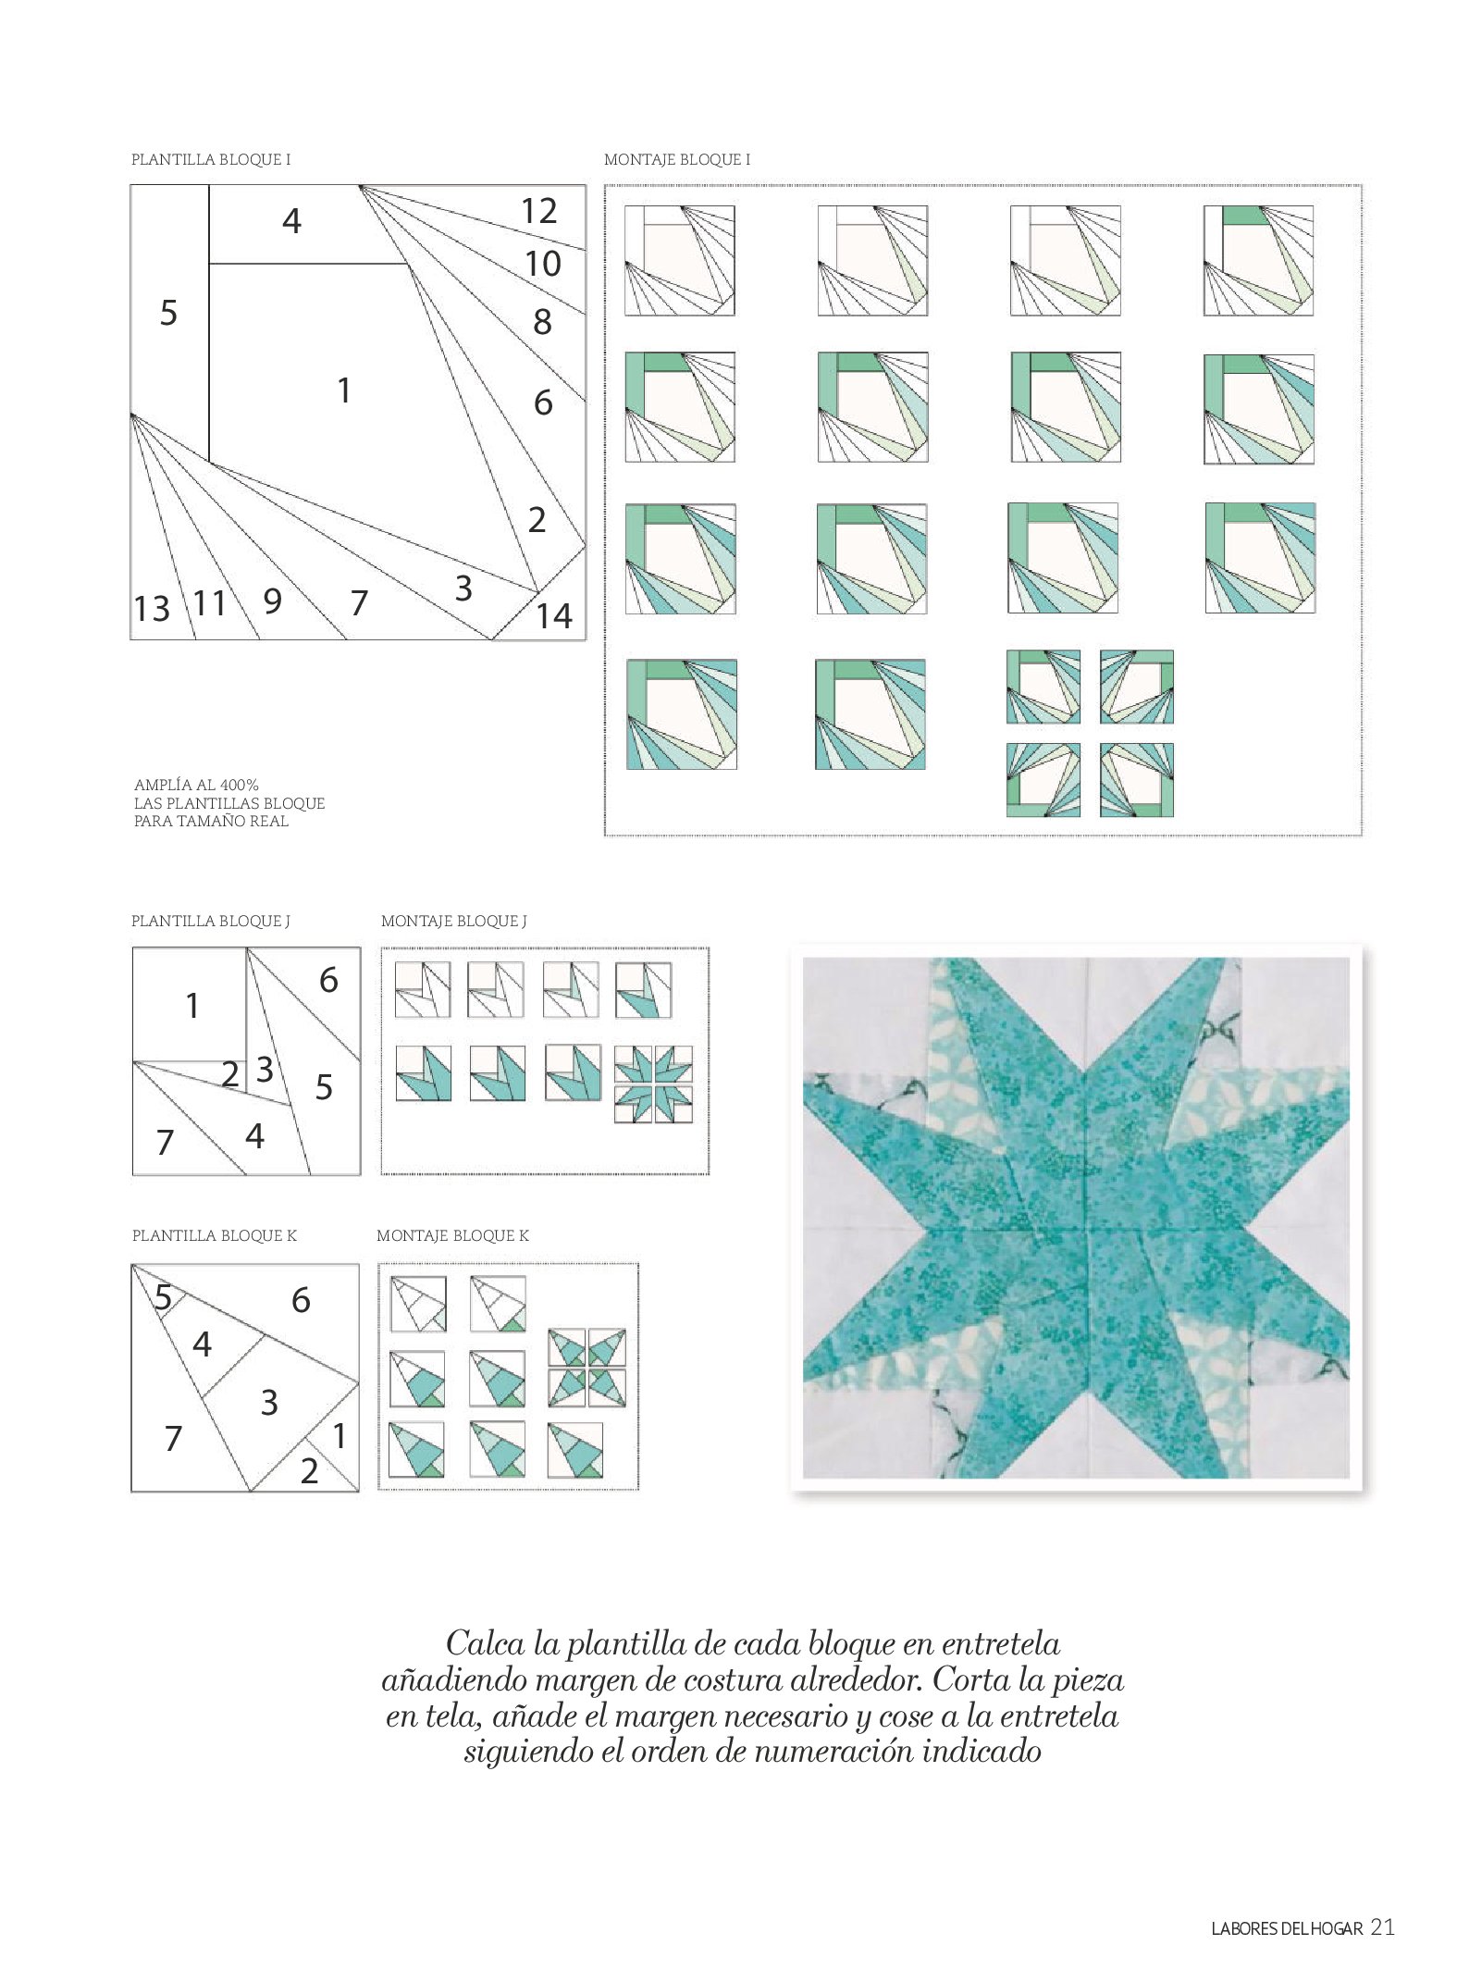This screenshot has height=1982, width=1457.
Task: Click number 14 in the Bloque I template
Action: tap(554, 616)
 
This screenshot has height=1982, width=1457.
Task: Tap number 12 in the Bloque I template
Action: tap(539, 211)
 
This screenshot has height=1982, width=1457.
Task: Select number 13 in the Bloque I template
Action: tap(152, 609)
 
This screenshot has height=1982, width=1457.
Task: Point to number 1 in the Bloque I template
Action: tap(344, 390)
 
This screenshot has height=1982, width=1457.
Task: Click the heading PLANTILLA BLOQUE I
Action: tap(211, 159)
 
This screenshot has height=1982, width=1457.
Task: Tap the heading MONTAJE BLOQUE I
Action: tap(677, 159)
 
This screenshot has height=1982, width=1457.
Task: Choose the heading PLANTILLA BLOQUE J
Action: tap(211, 921)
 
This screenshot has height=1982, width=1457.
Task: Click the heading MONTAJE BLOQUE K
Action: tap(453, 1235)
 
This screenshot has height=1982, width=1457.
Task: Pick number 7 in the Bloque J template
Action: tap(166, 1142)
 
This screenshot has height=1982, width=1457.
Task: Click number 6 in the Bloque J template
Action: tap(328, 980)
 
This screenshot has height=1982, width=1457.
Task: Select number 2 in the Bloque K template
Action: tap(309, 1471)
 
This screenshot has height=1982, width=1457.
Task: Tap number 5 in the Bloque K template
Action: tap(163, 1298)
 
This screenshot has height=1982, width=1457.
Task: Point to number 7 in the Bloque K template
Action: tap(173, 1439)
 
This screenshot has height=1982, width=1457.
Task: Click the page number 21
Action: tap(1382, 1927)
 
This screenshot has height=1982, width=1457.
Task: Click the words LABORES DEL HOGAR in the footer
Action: tap(1287, 1929)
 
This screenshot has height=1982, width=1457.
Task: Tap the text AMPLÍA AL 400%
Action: tap(196, 786)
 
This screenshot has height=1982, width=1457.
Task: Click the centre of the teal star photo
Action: tap(1077, 1219)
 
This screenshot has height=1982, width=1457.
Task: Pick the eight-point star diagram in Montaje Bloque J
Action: tap(653, 1084)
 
